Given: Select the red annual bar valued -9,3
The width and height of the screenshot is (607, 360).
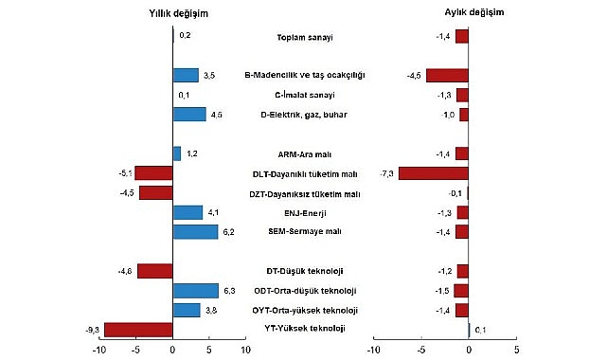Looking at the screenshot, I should [x=138, y=330].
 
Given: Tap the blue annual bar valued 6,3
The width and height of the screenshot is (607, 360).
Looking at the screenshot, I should [x=195, y=291].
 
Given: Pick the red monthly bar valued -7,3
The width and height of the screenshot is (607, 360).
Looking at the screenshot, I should [x=433, y=173].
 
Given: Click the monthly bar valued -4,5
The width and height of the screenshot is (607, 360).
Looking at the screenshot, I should [x=446, y=75].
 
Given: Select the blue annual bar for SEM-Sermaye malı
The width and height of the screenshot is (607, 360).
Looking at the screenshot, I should [x=195, y=232].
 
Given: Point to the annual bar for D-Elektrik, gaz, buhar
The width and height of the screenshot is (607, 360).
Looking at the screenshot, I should [x=188, y=115].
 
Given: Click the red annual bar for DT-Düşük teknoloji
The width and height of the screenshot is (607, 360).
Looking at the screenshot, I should [x=155, y=271].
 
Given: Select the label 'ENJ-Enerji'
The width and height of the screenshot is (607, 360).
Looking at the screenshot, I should [x=303, y=212].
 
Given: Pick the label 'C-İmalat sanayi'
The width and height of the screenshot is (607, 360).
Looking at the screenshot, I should [x=303, y=95].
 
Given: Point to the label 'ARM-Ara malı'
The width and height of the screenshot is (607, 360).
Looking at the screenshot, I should [x=303, y=153].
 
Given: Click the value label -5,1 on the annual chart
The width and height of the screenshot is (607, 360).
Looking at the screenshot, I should [x=123, y=173].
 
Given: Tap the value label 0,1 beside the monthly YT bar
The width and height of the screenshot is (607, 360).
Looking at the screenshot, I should [x=481, y=330].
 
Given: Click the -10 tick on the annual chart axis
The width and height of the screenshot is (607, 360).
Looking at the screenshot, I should [x=98, y=350].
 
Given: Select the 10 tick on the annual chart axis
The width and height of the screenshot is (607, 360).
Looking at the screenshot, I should [x=244, y=350].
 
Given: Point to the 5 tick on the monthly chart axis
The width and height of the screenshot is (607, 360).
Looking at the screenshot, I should [x=515, y=350].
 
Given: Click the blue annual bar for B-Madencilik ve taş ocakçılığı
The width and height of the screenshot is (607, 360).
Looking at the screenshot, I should [x=185, y=75].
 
